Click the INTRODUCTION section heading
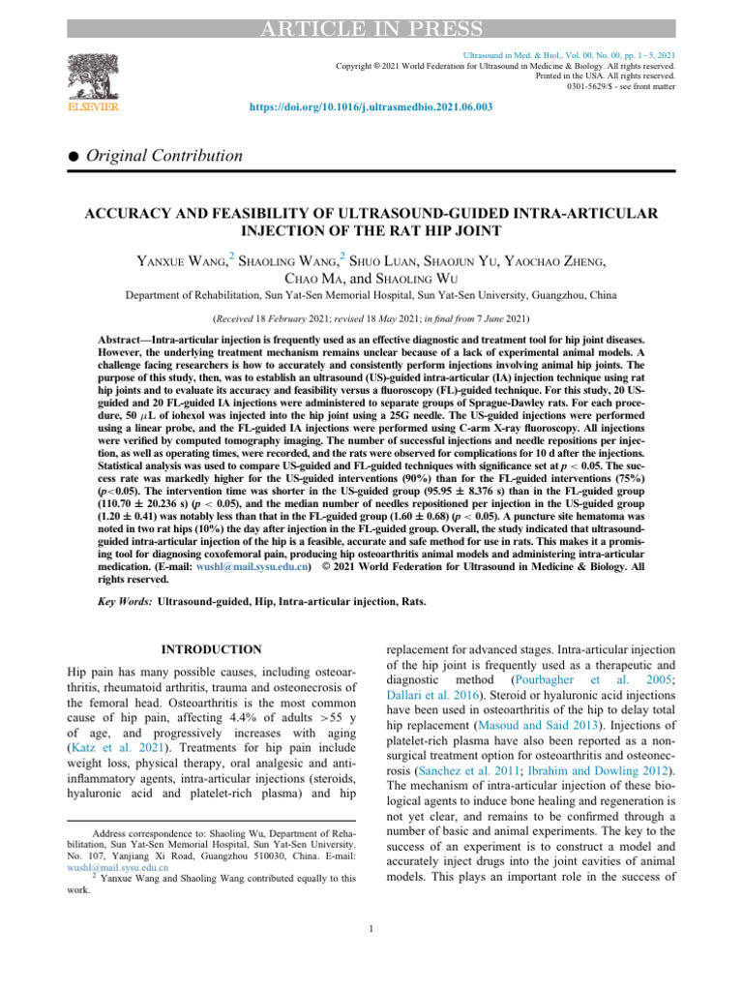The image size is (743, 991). click(208, 648)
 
